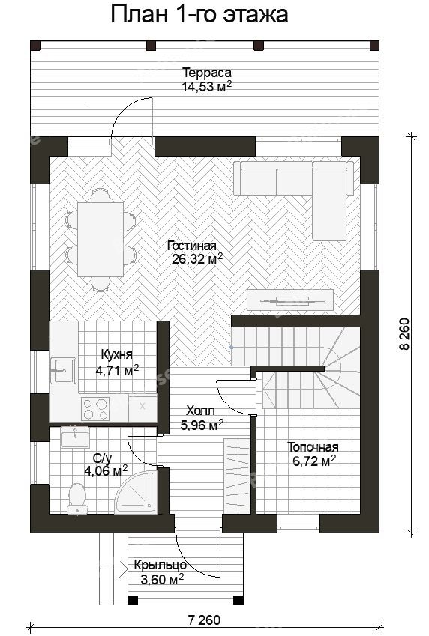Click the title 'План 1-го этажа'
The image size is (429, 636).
pos(199,15)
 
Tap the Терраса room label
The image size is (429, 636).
pos(207,73)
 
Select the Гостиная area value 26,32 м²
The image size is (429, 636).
pos(197,259)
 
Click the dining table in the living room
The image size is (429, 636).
pos(100,240)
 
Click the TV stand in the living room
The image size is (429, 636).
pos(290,300)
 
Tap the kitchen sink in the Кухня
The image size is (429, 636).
pos(62,370)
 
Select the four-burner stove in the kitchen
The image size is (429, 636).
pos(95,408)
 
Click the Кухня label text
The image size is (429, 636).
pos(116,354)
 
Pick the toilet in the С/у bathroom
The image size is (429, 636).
pos(77,499)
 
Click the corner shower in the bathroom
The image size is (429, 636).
pos(136,493)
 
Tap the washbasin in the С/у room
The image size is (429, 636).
pos(75,437)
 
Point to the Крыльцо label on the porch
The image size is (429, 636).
pos(160,565)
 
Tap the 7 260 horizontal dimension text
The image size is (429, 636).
pos(204,620)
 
